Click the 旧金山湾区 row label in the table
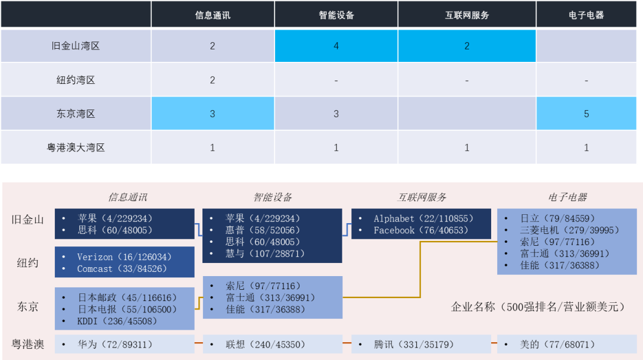[x=76, y=46]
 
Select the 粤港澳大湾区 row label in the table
[x=76, y=148]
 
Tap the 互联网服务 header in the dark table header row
[x=467, y=15]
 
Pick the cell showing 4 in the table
[x=336, y=46]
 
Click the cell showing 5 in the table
[x=586, y=114]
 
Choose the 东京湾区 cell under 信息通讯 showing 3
[x=213, y=114]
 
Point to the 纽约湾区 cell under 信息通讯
[x=213, y=80]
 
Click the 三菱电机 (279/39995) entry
[x=557, y=230]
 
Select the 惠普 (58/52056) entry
[x=263, y=230]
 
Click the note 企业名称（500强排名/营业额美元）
[x=538, y=307]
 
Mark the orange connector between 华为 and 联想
[x=199, y=344]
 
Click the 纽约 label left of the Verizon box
[x=28, y=262]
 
